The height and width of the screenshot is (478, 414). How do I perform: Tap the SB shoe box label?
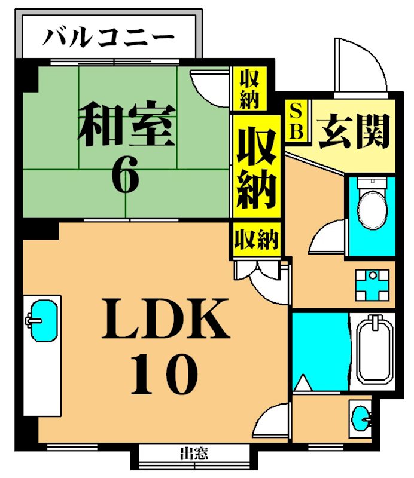(x=296, y=121)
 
